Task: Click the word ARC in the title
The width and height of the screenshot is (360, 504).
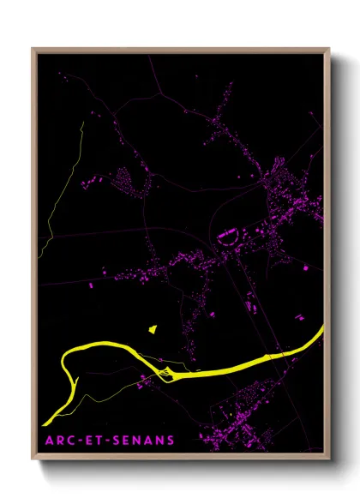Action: pos(59,441)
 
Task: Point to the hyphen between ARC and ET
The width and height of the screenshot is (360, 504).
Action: pos(79,441)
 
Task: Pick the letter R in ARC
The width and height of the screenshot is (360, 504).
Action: pos(59,441)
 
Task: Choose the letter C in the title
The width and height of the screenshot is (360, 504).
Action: pos(70,441)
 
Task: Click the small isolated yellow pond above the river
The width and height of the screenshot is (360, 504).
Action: pos(153,327)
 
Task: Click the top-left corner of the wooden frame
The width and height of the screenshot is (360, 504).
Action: pos(33,49)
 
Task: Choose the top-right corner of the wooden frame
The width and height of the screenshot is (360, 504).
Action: pos(328,49)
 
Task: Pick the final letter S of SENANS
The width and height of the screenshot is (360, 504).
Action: pos(171,441)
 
